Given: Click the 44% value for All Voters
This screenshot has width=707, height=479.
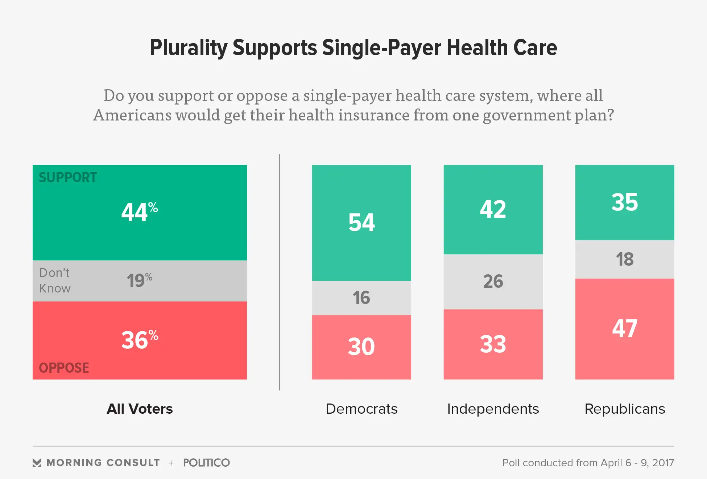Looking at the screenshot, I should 140,212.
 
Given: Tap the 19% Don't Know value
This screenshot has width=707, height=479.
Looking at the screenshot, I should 139,280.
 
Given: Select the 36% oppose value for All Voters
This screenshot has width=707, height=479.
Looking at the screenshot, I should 140,340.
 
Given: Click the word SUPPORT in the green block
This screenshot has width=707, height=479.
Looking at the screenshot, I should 68,177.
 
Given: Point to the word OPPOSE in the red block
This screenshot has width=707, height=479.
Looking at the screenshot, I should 64,368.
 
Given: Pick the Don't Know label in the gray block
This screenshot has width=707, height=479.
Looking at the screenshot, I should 55,281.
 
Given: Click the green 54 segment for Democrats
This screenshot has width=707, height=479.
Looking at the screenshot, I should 361,222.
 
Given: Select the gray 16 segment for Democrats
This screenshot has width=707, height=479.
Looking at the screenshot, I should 361,298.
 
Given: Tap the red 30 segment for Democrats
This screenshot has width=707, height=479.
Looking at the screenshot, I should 361,347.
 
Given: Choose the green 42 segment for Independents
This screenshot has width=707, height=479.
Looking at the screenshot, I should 493,209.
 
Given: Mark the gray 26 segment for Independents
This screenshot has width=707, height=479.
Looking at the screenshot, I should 493,281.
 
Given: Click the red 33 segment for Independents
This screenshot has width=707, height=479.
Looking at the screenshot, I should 493,344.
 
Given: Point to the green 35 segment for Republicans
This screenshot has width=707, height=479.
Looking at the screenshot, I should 625,202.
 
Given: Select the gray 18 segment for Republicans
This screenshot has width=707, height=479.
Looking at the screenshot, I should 625,259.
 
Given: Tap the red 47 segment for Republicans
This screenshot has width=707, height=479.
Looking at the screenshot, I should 625,328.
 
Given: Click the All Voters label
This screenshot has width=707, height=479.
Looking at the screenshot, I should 140,409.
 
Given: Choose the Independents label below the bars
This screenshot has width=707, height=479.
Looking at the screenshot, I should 493,409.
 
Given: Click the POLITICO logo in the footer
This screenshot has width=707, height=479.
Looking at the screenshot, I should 206,463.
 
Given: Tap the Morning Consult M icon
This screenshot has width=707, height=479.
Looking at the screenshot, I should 37,463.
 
